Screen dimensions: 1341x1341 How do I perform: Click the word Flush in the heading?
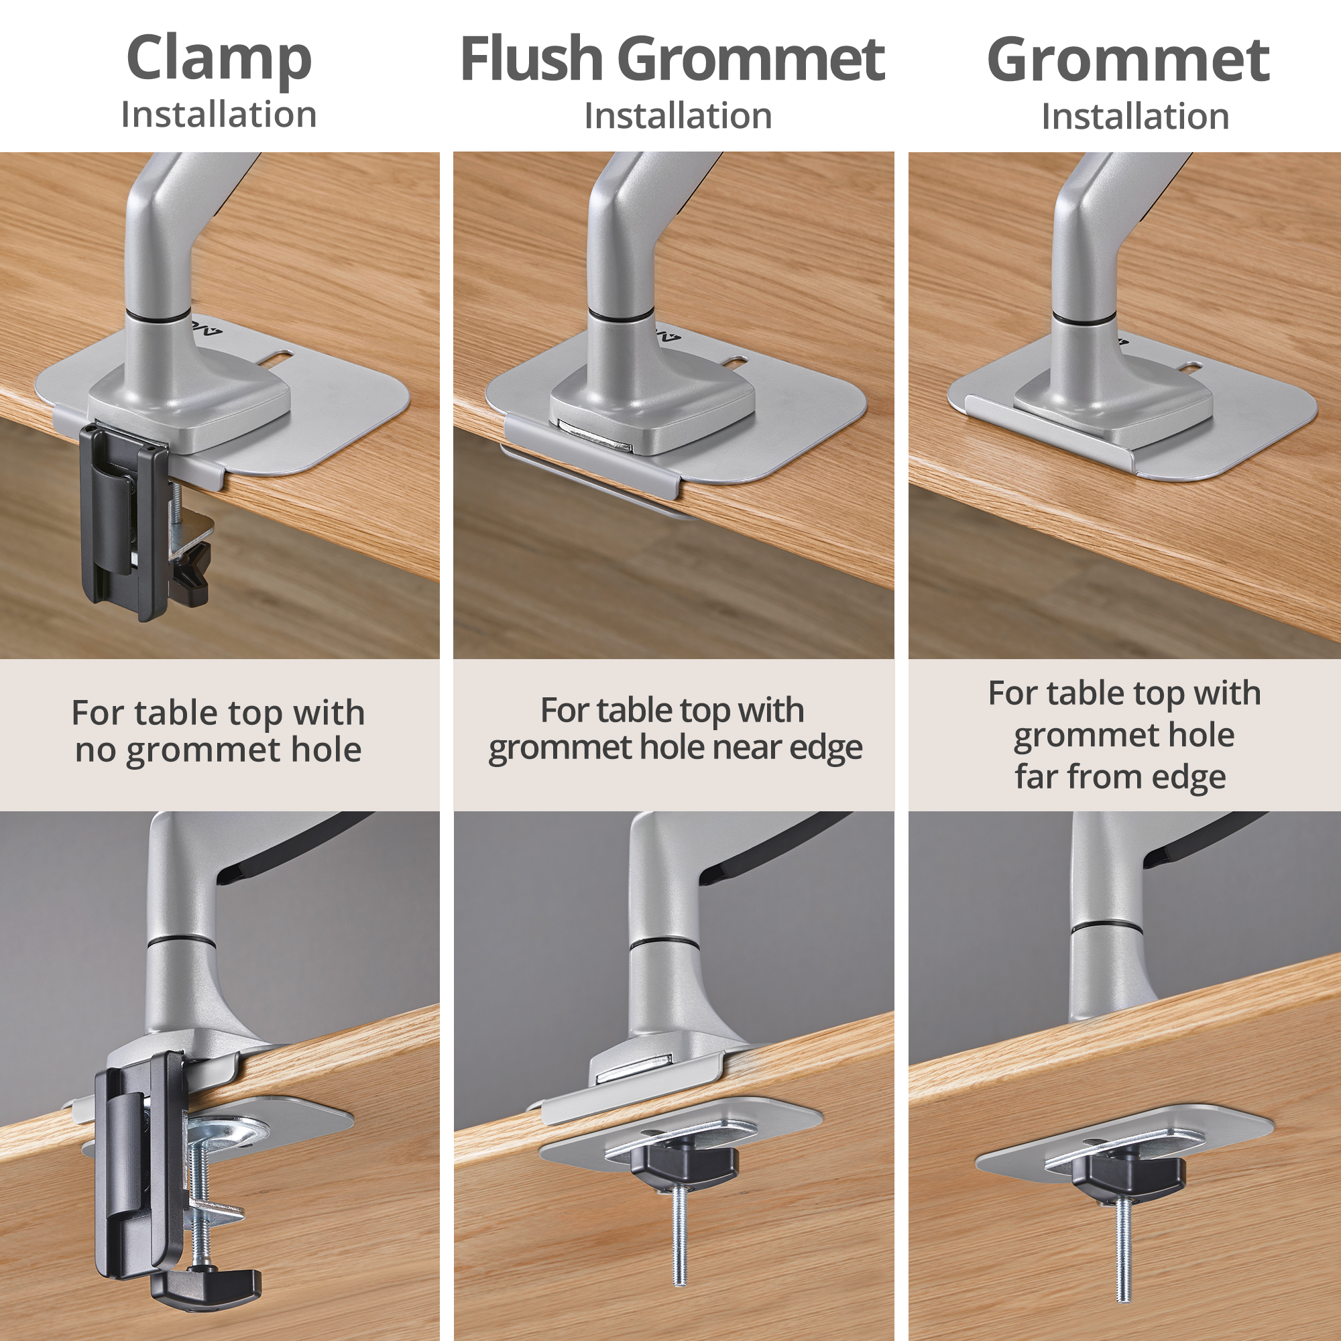coord(531,59)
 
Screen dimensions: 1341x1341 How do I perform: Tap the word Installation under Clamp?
coord(219,115)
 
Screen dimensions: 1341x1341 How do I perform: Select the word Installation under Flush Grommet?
coord(677,116)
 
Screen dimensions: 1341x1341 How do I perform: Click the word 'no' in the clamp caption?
coord(95,750)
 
